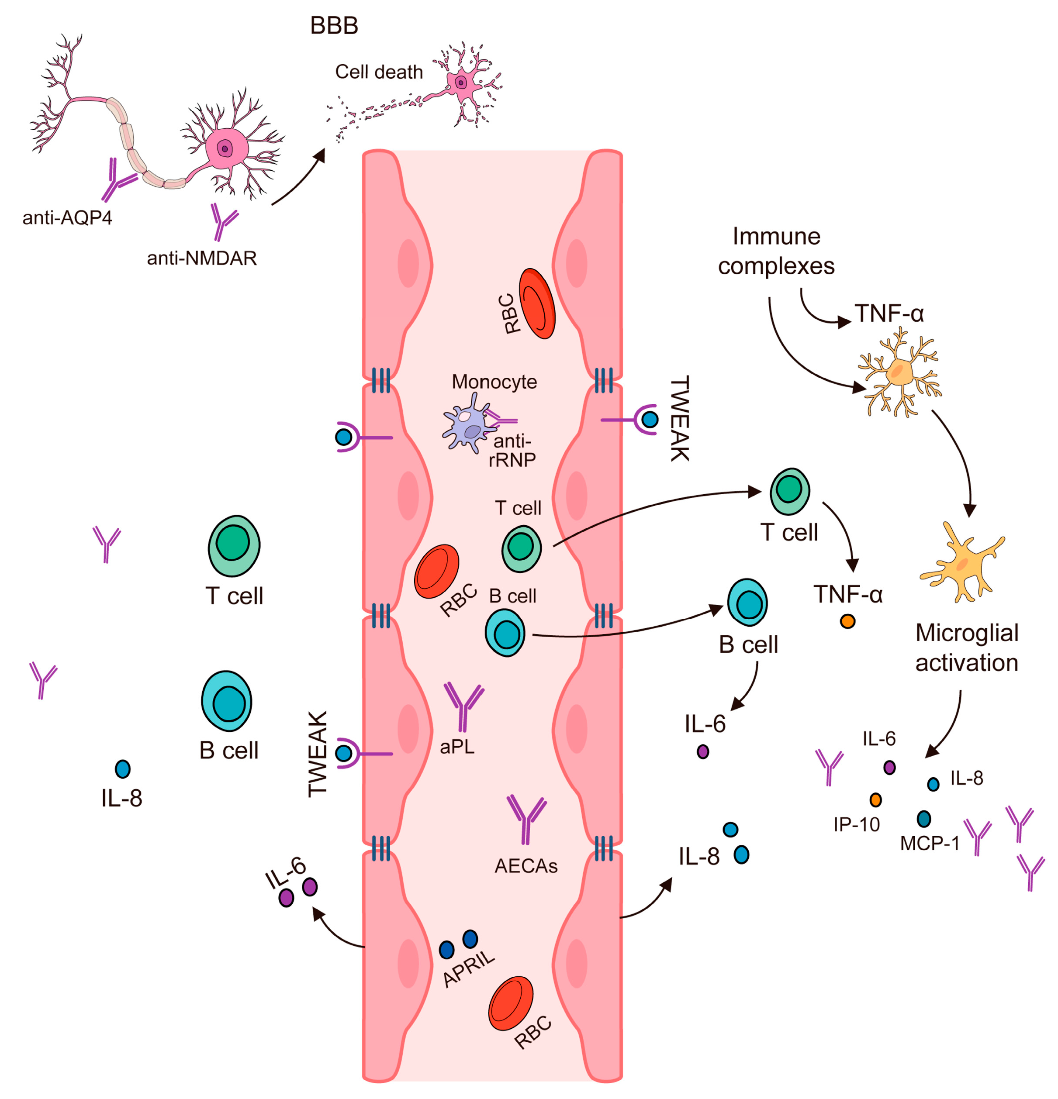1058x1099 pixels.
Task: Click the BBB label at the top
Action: [x=334, y=26]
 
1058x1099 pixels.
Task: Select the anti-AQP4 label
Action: [x=67, y=217]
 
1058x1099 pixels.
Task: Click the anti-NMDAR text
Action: [x=201, y=258]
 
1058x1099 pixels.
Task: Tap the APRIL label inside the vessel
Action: [x=468, y=968]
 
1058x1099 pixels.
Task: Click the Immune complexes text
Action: [x=776, y=251]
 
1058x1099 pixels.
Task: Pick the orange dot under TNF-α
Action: [x=847, y=621]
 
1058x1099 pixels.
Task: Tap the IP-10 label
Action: [x=856, y=824]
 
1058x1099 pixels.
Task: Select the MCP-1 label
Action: [x=930, y=843]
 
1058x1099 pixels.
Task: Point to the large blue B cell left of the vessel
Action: [x=227, y=701]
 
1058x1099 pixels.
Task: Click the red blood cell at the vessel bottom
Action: [x=511, y=1004]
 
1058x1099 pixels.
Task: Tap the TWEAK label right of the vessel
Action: [x=679, y=418]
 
